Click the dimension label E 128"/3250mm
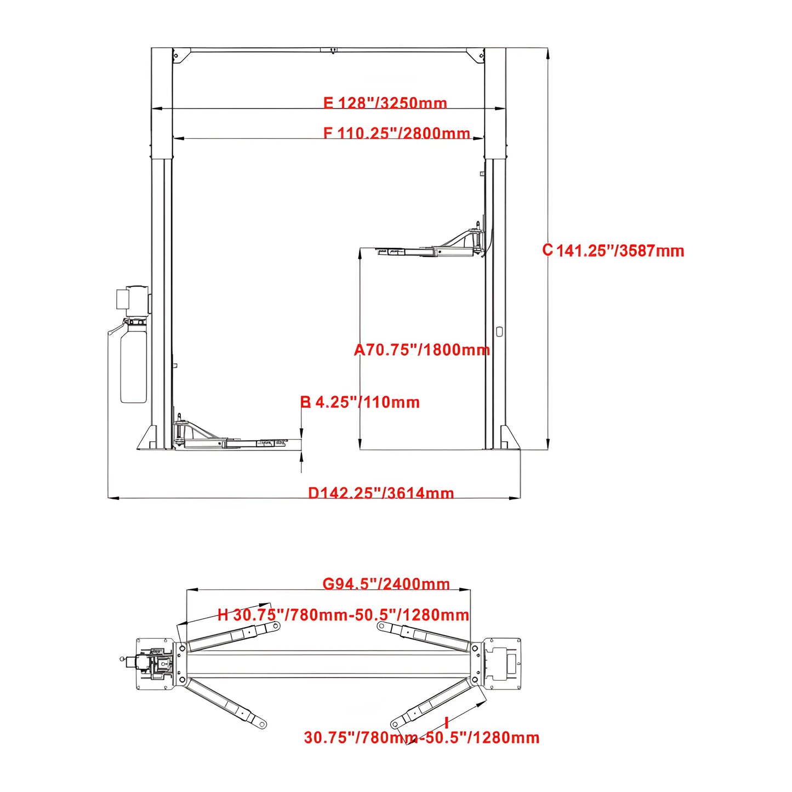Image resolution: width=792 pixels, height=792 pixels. click(385, 103)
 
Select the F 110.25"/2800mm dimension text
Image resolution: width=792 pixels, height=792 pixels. click(396, 133)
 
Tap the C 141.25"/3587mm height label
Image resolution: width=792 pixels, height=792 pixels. click(613, 250)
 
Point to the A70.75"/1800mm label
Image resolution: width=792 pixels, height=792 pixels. click(421, 350)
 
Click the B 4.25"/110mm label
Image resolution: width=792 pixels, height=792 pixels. click(360, 402)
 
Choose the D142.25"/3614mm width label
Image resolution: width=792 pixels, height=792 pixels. click(381, 493)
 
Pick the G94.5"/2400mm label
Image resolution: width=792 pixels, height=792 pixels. click(386, 584)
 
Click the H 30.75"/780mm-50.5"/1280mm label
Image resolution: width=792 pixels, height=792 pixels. click(343, 614)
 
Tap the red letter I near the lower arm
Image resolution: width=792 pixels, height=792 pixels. click(447, 723)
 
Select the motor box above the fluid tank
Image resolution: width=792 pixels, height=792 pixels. click(133, 300)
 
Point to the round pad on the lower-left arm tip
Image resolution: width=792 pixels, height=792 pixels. click(263, 725)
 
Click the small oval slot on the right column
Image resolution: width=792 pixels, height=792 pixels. click(499, 332)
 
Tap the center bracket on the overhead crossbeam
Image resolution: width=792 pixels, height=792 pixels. click(329, 50)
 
